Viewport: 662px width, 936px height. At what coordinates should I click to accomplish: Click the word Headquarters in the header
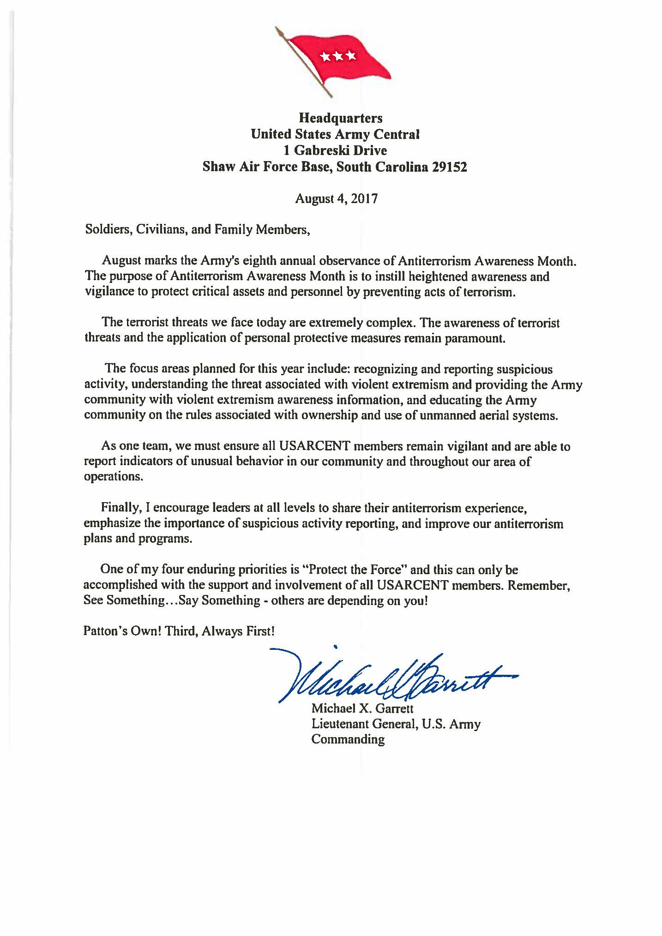[x=335, y=119]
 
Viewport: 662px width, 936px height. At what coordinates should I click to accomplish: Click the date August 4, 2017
[x=337, y=199]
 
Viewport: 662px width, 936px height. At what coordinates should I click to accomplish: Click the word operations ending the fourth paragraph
[x=112, y=477]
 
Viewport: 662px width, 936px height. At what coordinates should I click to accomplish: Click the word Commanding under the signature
[x=348, y=739]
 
